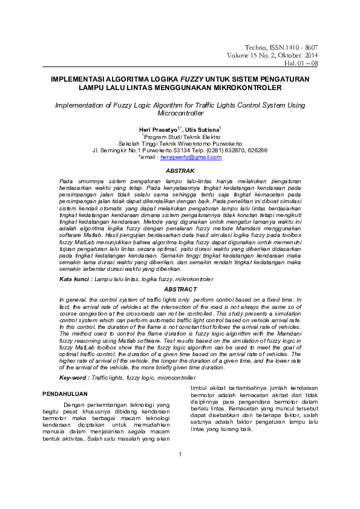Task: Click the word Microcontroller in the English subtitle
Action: (x=180, y=113)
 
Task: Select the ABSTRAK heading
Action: (x=180, y=171)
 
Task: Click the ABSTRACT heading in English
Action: (x=180, y=290)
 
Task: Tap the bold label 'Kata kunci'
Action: (x=75, y=279)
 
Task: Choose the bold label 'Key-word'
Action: (x=74, y=377)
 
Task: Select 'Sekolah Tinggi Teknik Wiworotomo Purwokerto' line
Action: (x=180, y=143)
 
